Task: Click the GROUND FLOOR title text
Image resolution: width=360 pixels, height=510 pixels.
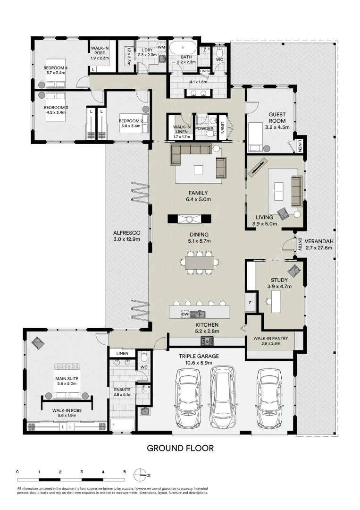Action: [x=180, y=448]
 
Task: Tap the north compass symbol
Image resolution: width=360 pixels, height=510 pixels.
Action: [x=140, y=474]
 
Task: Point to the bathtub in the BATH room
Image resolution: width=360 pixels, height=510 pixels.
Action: [x=182, y=49]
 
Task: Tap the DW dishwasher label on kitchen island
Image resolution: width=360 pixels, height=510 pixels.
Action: [x=185, y=313]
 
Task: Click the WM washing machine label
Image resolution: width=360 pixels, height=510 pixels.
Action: [x=161, y=47]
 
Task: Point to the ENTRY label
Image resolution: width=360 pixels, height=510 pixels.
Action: [x=300, y=243]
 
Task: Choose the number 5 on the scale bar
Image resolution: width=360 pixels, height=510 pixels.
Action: [x=125, y=471]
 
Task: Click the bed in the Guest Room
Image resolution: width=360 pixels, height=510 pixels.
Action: [x=257, y=136]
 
